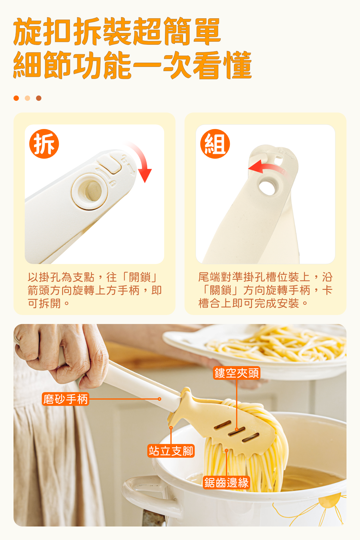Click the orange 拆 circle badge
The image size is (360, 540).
[x=44, y=144]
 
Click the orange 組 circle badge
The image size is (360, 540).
[x=215, y=144]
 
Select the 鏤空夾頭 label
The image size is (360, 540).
[x=236, y=373]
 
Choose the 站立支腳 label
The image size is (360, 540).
[x=171, y=451]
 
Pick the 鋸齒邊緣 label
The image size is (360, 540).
[x=226, y=482]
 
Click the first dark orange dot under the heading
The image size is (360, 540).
[x=16, y=98]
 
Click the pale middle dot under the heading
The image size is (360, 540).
[x=28, y=98]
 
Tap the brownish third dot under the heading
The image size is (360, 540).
[x=39, y=98]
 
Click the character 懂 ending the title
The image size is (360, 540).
[x=237, y=65]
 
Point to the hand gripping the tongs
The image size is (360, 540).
[x=61, y=354]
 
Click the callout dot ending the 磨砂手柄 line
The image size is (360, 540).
[x=160, y=399]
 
